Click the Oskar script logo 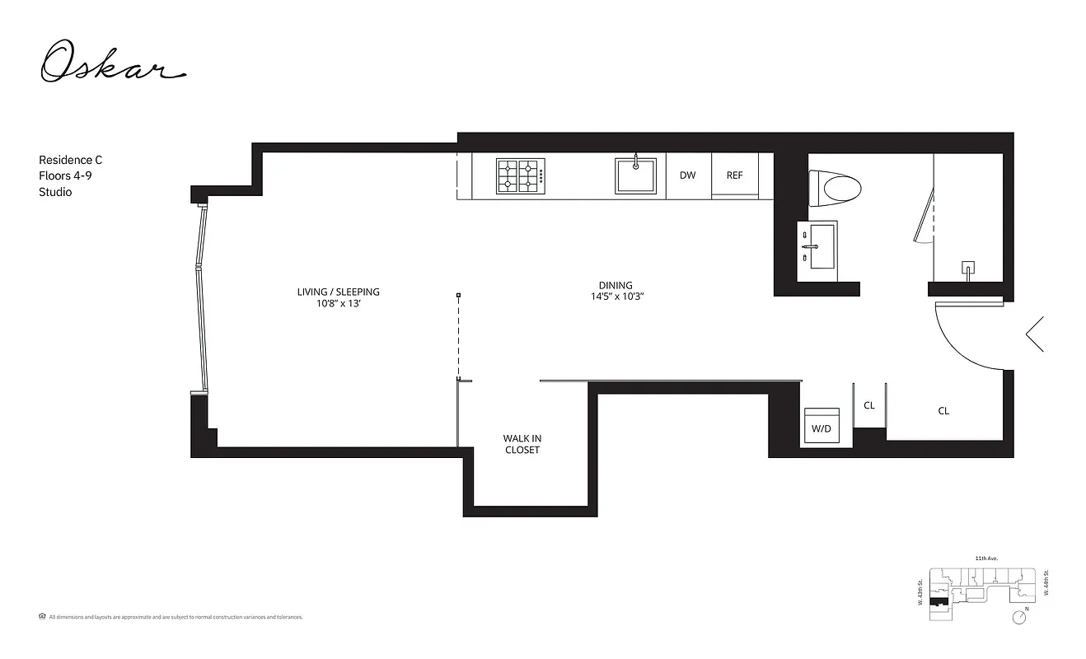coord(113,63)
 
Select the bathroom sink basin coord(823,245)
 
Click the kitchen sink coord(635,175)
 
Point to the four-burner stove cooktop coord(520,175)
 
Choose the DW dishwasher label coord(688,175)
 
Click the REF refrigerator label coord(734,175)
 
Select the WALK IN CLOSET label coord(522,444)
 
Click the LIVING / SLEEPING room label coord(338,292)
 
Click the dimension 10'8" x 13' coord(338,303)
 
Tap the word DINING coord(616,285)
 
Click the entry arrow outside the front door coord(1035,334)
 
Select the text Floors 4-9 coord(66,175)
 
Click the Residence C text coord(71,160)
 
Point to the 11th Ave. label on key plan coord(985,559)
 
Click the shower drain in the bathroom coord(969,268)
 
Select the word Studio coord(55,192)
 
